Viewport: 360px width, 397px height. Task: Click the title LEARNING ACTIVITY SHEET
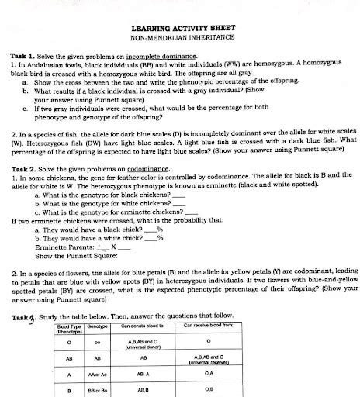(181, 28)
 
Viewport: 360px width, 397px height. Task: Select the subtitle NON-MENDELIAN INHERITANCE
(181, 37)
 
